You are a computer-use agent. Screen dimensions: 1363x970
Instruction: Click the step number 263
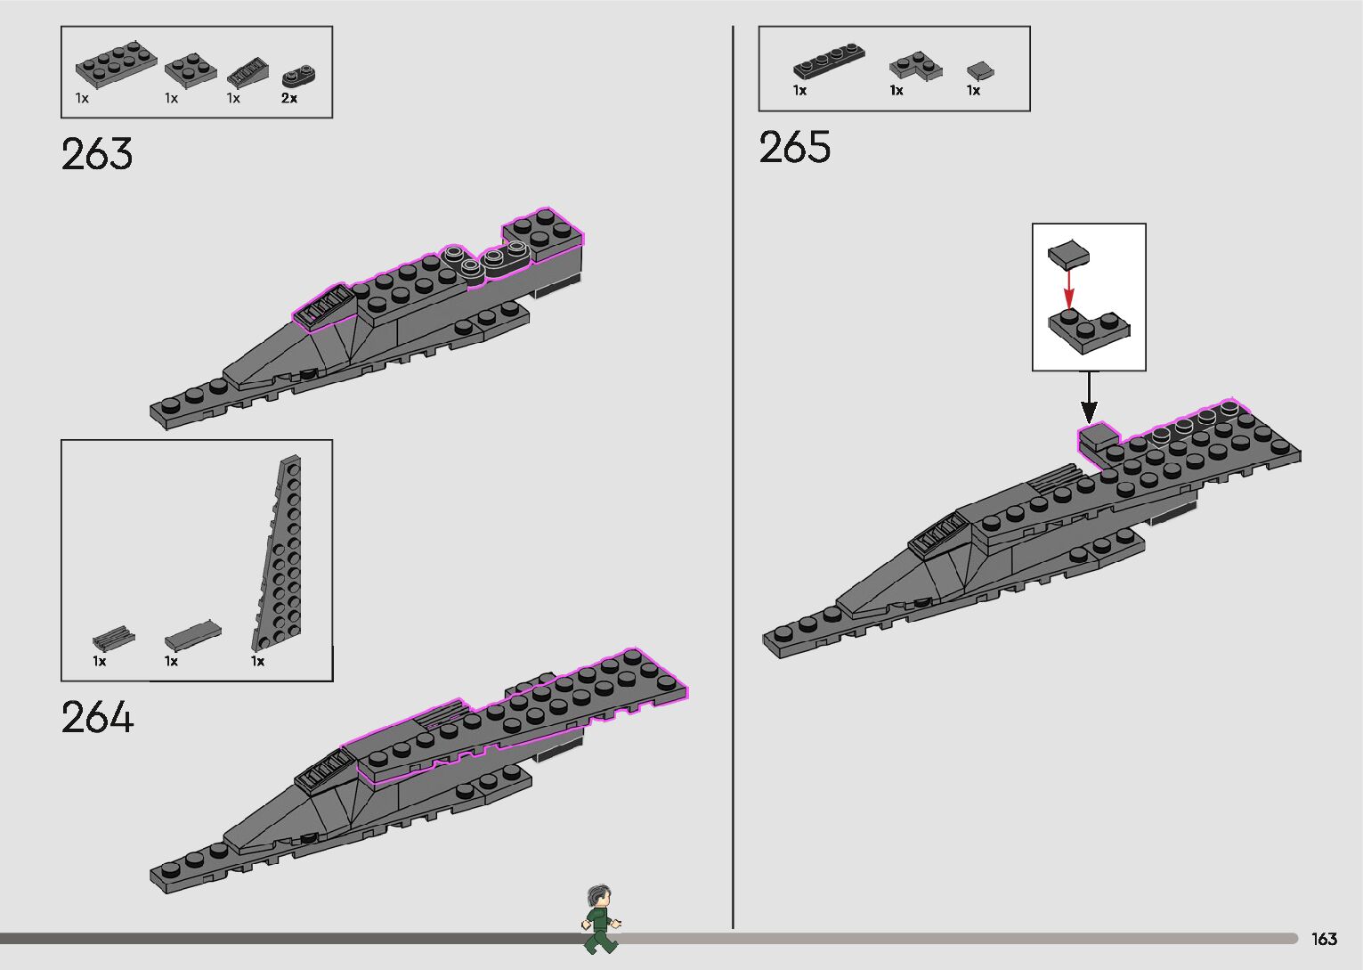[x=97, y=154]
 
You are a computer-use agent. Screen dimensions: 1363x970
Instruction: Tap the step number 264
[x=97, y=718]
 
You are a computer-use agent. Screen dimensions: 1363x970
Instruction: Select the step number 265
[x=795, y=147]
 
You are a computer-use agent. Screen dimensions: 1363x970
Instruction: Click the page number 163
[x=1324, y=939]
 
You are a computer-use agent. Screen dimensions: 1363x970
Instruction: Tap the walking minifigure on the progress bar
[x=601, y=920]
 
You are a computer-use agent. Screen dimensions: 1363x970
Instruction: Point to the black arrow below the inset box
[x=1089, y=398]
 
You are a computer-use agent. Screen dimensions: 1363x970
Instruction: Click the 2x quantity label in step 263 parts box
[x=289, y=98]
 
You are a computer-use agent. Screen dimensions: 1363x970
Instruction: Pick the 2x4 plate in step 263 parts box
[x=115, y=63]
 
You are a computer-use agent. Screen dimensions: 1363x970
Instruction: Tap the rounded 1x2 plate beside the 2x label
[x=299, y=77]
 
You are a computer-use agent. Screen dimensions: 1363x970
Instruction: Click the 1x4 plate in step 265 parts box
[x=829, y=61]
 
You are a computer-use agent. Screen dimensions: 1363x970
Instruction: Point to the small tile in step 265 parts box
[x=980, y=70]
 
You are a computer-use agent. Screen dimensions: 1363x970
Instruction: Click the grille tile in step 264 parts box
[x=114, y=638]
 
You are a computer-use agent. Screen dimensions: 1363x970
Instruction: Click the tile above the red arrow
[x=1068, y=254]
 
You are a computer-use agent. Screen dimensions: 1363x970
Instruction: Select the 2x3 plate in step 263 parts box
[x=191, y=69]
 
